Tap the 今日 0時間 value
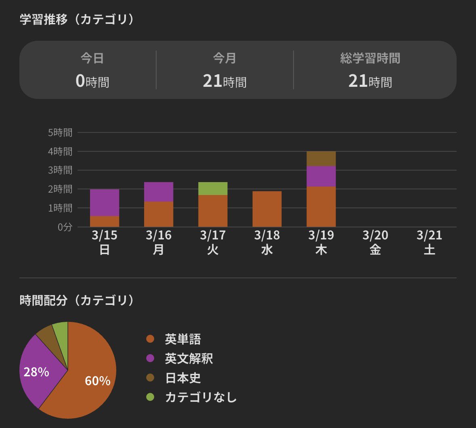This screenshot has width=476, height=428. [92, 81]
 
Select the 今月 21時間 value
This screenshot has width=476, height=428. [224, 81]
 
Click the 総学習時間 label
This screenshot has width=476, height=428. [370, 59]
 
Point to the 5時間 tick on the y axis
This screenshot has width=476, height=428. [60, 132]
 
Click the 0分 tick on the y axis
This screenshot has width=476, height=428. [65, 227]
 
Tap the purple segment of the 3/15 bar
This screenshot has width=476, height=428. [105, 203]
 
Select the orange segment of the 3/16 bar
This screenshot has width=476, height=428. [159, 214]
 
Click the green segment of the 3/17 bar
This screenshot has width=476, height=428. [213, 189]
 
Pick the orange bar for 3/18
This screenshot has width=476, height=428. [267, 209]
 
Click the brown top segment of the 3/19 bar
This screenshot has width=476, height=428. [321, 159]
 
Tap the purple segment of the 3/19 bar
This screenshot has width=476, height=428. [321, 176]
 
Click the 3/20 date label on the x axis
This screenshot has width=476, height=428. [375, 235]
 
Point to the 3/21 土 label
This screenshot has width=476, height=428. [429, 242]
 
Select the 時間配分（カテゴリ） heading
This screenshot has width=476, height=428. [77, 300]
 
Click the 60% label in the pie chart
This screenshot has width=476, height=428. [97, 381]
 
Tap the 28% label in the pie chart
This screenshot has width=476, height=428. [36, 372]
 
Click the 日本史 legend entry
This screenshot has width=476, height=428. [182, 378]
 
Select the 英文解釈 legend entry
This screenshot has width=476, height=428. [189, 359]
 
